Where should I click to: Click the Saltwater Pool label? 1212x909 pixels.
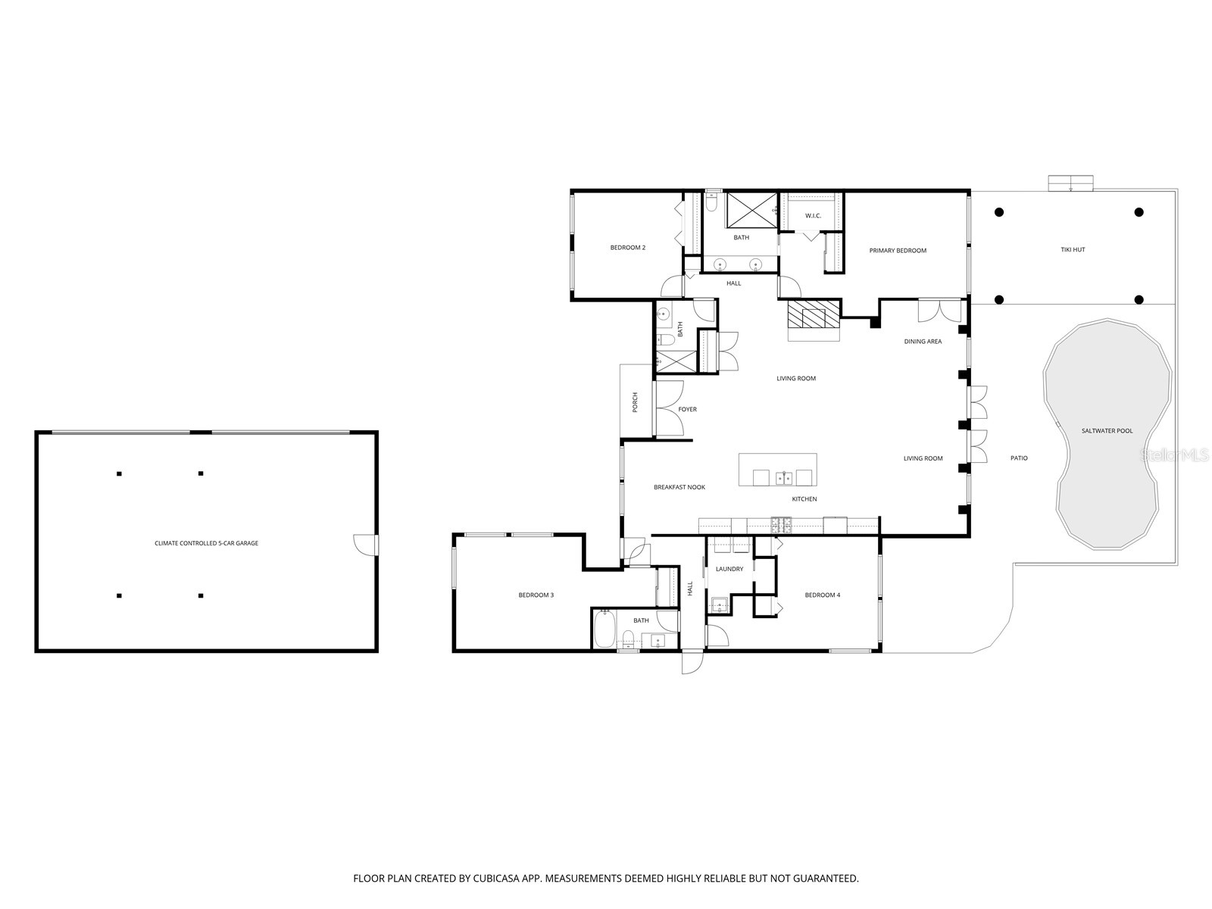pos(1107,431)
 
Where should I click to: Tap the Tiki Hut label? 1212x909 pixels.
pos(1073,249)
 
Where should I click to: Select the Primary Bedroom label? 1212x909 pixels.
pos(898,251)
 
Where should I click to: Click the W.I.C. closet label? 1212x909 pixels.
pos(813,216)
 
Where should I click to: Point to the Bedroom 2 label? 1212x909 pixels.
pos(628,248)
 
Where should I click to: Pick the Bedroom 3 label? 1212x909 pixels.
pos(536,595)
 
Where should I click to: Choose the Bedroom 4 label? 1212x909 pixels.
pos(822,595)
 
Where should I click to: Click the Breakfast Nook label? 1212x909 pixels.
pos(679,487)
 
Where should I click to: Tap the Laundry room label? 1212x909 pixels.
pos(729,569)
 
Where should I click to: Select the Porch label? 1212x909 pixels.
pos(636,402)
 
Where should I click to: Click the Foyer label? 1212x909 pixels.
pos(687,410)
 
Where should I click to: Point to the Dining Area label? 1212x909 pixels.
pos(923,342)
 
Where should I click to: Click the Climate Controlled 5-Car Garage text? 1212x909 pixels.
pos(206,543)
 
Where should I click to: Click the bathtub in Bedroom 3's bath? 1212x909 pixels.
pos(604,629)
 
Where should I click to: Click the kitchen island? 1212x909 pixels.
pos(778,470)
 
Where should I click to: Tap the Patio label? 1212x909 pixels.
pos(1019,458)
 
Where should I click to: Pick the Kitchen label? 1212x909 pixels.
pos(804,499)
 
